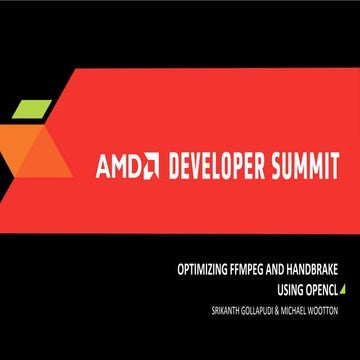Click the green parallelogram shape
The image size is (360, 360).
33,108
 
